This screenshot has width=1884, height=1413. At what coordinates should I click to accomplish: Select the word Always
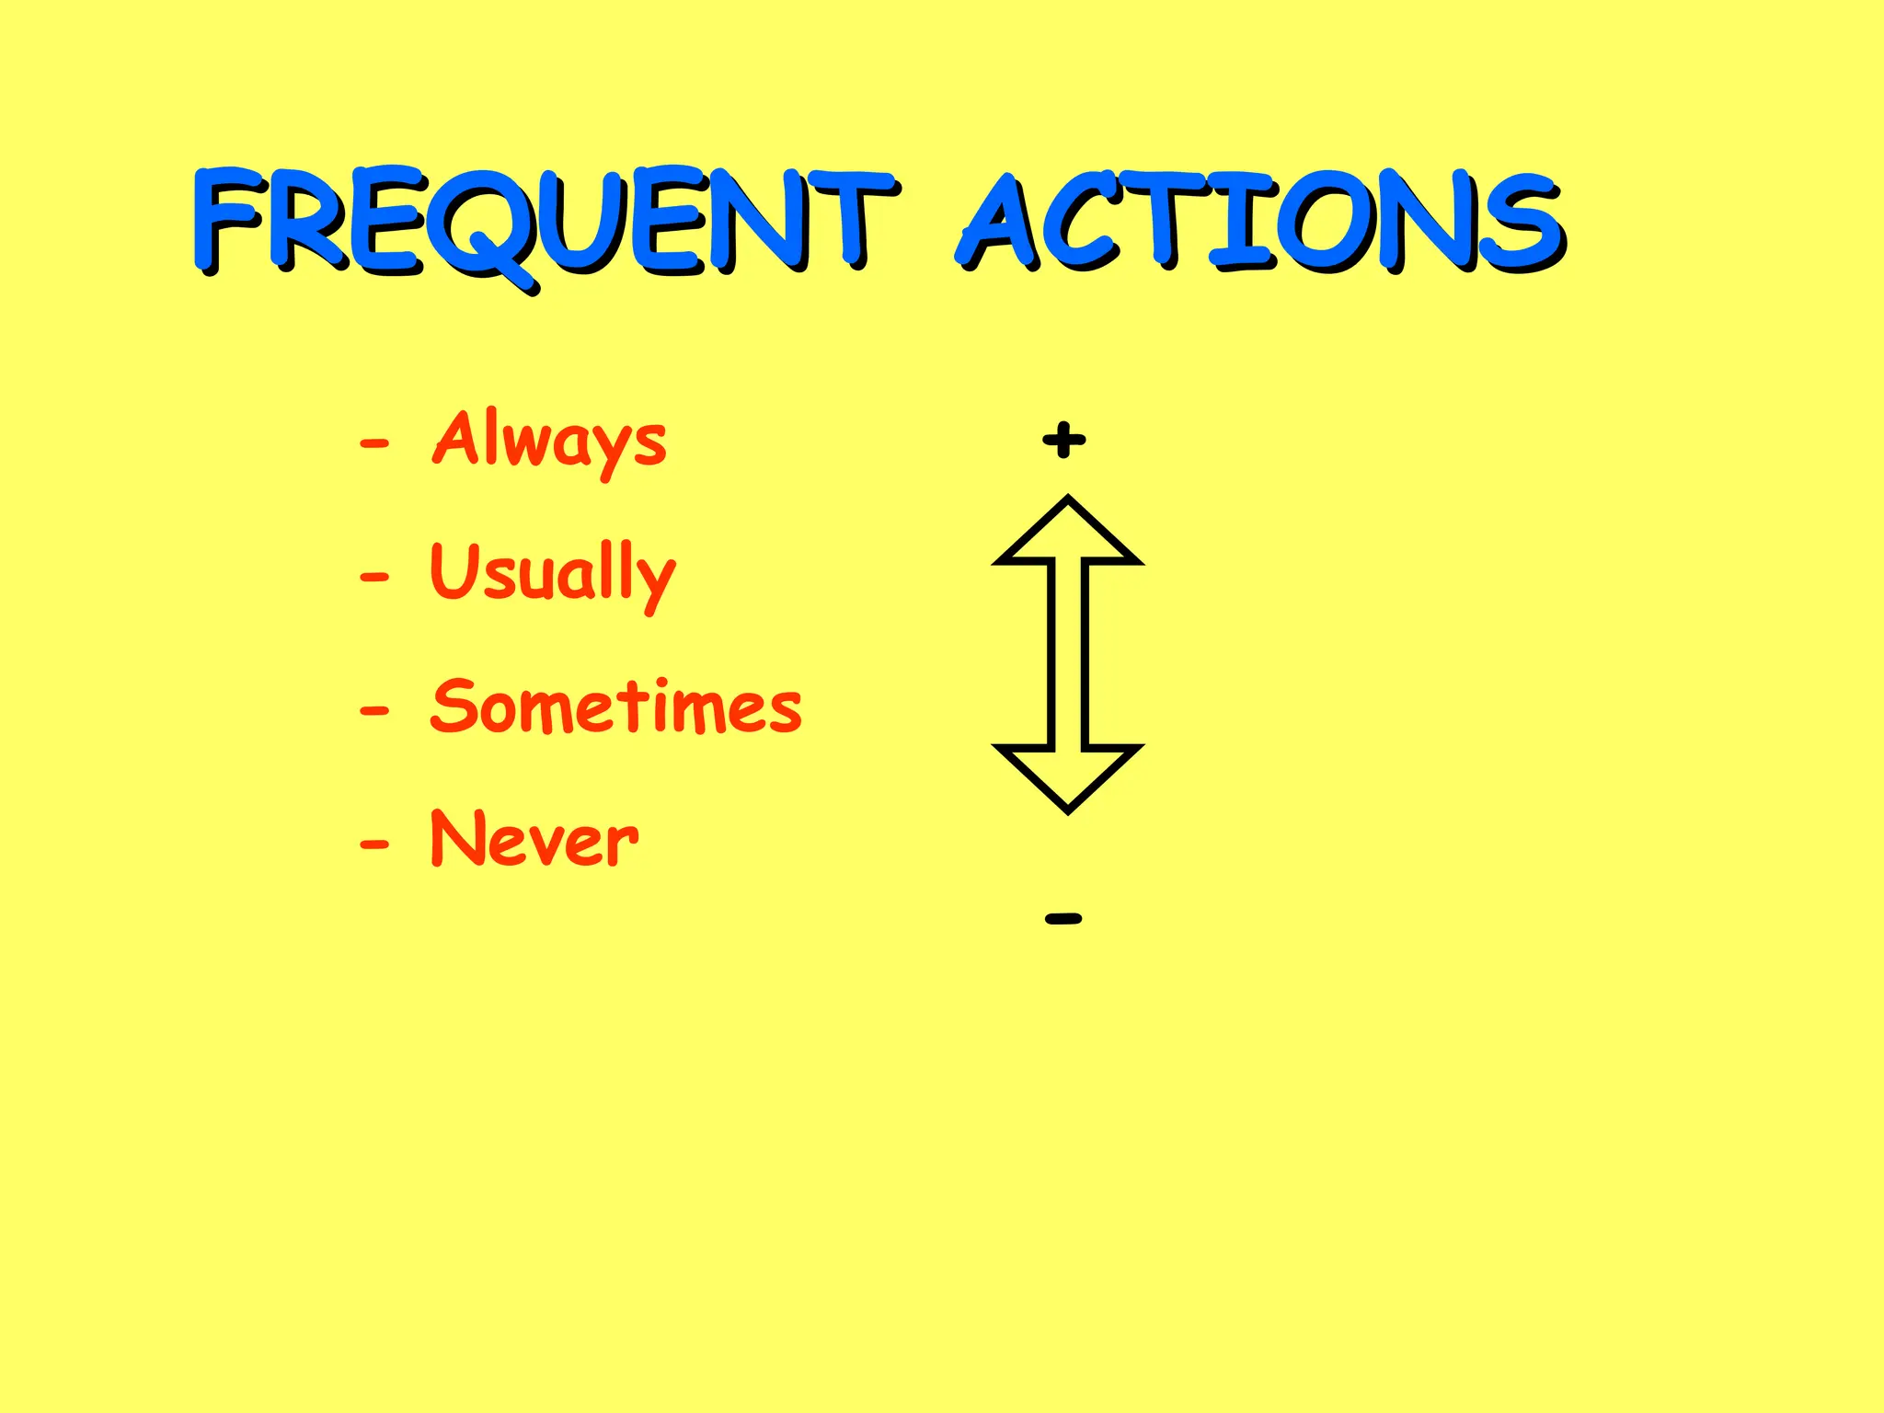[549, 440]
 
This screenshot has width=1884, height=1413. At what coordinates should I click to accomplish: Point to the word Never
[534, 839]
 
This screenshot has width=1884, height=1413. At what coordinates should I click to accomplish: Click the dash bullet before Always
[374, 444]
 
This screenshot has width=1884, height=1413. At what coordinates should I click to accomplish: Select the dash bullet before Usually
[374, 579]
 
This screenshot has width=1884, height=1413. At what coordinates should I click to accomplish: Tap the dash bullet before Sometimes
[374, 711]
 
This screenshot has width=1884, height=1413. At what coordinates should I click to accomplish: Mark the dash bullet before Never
[374, 844]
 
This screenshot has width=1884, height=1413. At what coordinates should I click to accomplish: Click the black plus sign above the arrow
[1064, 440]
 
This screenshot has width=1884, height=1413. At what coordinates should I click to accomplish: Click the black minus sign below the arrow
[1064, 918]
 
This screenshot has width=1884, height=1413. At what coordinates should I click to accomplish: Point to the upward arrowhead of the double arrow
[1068, 534]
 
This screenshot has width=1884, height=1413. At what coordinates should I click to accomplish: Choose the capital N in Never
[458, 839]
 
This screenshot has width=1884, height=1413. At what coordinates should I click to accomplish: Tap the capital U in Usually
[457, 570]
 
